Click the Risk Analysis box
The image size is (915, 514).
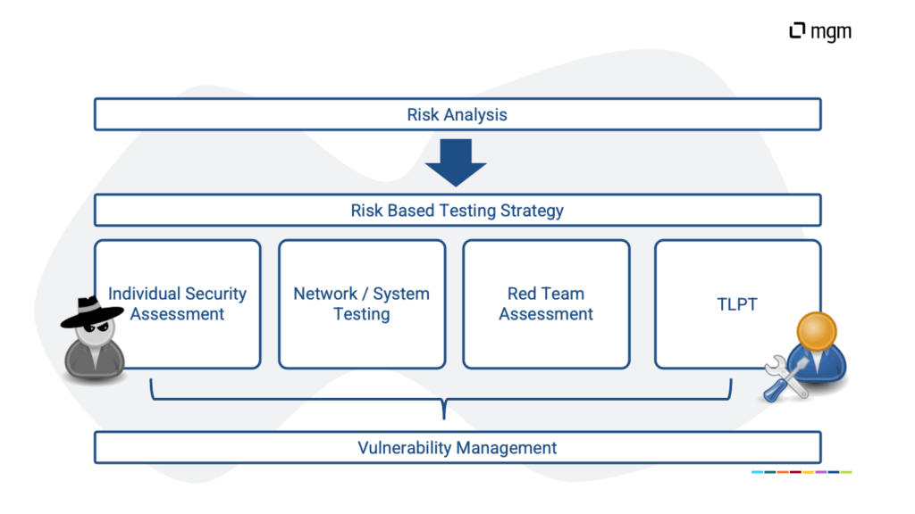tap(457, 114)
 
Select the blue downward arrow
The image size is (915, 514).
tap(456, 162)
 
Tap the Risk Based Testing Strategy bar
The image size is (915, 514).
tap(457, 211)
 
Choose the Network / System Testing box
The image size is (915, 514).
tap(361, 304)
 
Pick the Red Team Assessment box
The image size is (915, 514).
tap(546, 304)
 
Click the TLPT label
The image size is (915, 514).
tap(737, 304)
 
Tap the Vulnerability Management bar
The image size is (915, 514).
tap(457, 448)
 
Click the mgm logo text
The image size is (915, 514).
tap(831, 32)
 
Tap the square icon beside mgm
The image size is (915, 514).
tap(797, 31)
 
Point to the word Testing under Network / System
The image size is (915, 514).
tap(361, 314)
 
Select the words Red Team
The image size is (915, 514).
tap(546, 294)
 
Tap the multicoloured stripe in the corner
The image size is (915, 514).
tap(802, 472)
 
